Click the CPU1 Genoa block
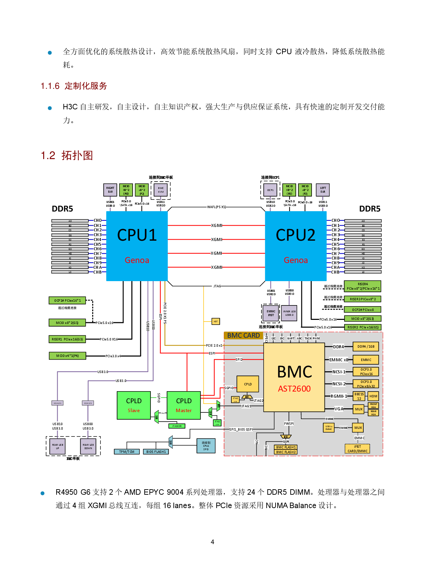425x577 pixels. click(137, 246)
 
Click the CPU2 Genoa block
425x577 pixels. click(295, 246)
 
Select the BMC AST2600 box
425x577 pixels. click(294, 377)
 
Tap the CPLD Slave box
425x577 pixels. click(134, 405)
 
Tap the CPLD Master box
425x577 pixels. click(184, 405)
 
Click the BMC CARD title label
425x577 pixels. click(243, 335)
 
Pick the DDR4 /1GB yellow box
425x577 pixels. click(366, 347)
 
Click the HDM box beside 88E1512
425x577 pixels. click(373, 396)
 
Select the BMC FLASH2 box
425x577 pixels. click(286, 452)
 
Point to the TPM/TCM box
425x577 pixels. click(126, 452)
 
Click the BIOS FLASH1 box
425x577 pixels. click(156, 452)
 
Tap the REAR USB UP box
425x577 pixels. click(58, 446)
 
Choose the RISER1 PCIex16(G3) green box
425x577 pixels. click(67, 339)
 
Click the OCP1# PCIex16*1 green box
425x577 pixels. click(67, 300)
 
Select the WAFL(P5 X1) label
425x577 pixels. click(216, 207)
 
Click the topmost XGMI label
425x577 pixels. click(216, 225)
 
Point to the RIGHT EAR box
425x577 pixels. click(110, 190)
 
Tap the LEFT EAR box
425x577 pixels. click(323, 190)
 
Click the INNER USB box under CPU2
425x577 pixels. click(289, 313)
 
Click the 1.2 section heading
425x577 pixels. click(67, 155)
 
